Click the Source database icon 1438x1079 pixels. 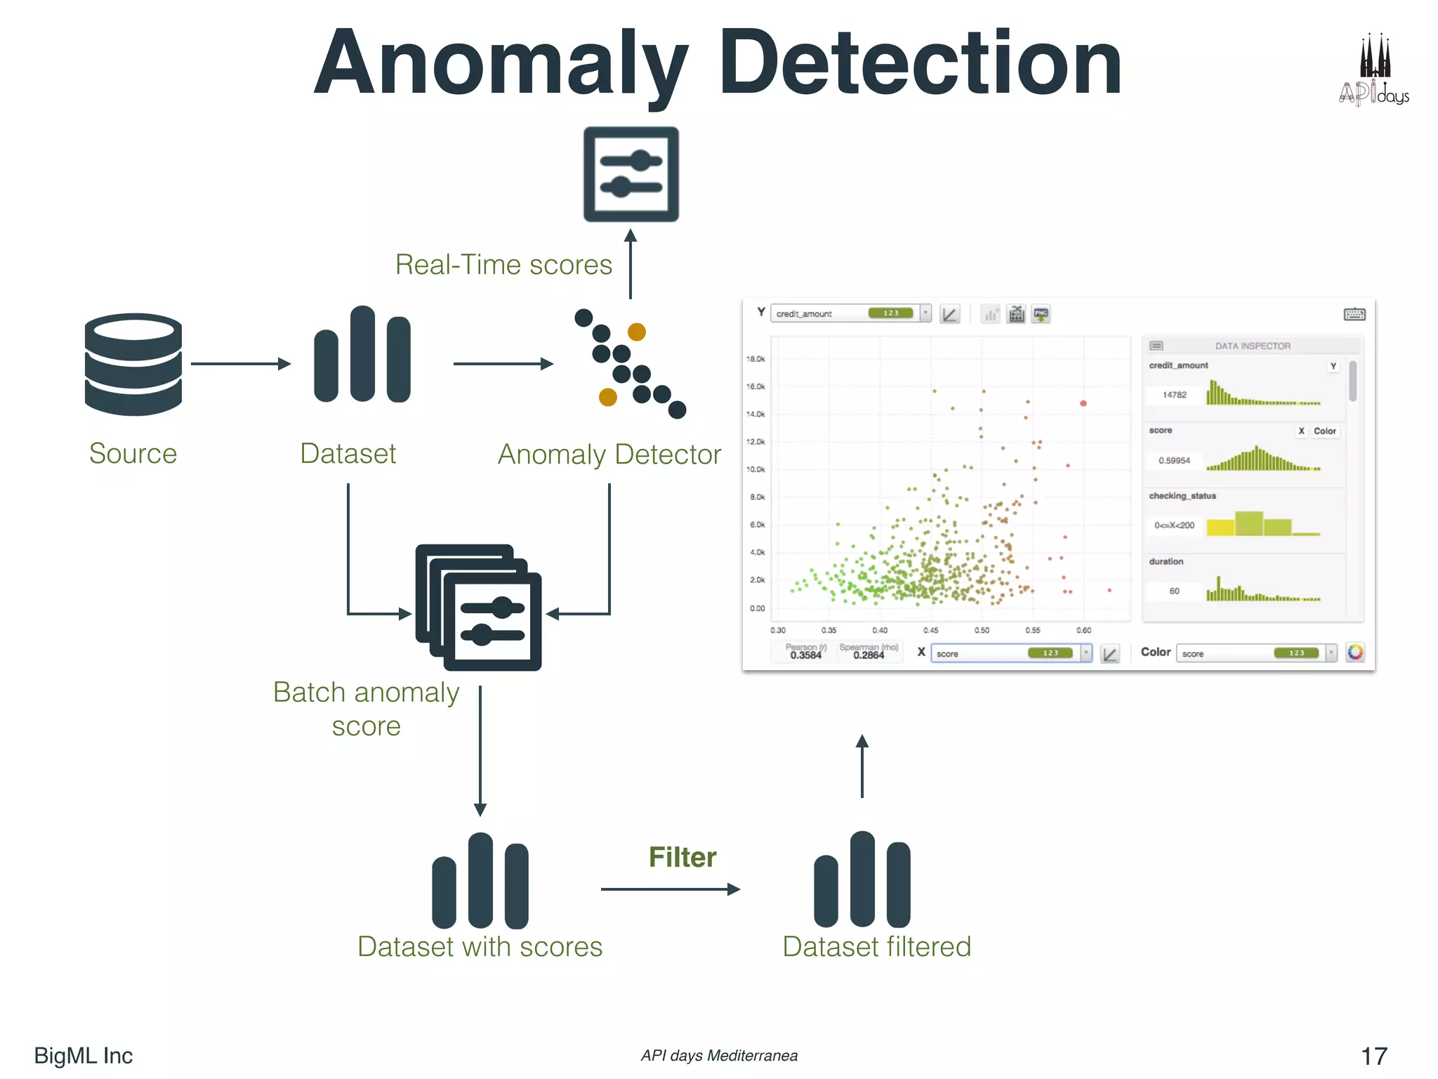[133, 364]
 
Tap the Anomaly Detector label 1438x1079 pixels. [609, 455]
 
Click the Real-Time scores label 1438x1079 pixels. [503, 265]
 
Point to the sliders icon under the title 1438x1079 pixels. [631, 174]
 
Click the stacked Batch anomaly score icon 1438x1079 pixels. [479, 608]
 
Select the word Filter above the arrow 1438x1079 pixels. [682, 857]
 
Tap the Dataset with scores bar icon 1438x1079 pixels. [480, 881]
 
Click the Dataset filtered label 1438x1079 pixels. [876, 947]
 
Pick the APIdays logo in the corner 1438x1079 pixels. [1374, 70]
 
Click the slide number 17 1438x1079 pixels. [1374, 1056]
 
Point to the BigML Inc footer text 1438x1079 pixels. [84, 1056]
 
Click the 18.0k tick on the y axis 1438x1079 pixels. [756, 359]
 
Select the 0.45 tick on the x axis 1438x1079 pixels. [930, 630]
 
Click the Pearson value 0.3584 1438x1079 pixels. [805, 655]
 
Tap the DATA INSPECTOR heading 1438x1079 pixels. [1253, 346]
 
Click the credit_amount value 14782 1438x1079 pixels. [1175, 395]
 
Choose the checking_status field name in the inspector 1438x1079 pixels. [1182, 496]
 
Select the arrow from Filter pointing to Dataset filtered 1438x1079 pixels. [671, 889]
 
